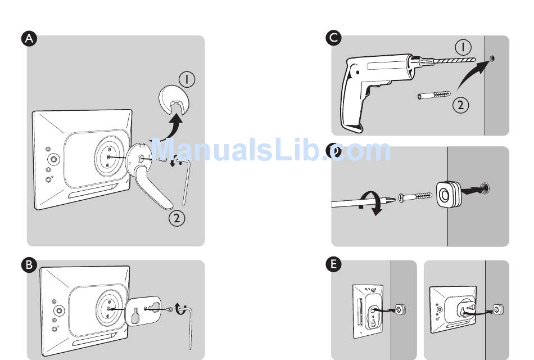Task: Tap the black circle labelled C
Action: pyautogui.click(x=333, y=38)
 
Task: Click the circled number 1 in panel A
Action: pyautogui.click(x=187, y=79)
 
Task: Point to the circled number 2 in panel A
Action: pyautogui.click(x=177, y=218)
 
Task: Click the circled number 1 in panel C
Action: pyautogui.click(x=463, y=46)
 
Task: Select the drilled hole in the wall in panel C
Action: pyautogui.click(x=492, y=58)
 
